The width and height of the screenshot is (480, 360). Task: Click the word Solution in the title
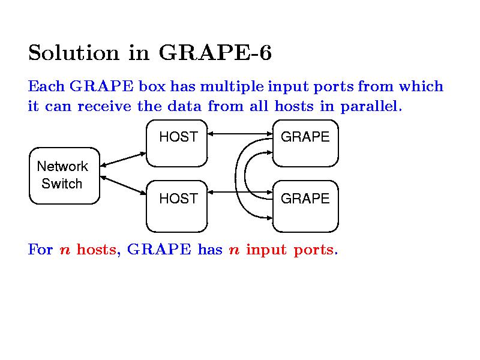pos(73,53)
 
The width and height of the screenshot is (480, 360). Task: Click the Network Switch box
pos(64,175)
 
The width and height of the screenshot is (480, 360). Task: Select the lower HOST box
pos(178,206)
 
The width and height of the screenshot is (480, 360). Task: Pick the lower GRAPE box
pos(305,206)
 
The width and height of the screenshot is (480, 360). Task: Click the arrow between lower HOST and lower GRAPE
pos(240,193)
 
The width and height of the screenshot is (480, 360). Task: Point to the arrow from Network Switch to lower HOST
pos(123,186)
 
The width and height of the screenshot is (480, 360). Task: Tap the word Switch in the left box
pos(62,184)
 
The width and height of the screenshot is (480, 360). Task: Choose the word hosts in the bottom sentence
pos(97,250)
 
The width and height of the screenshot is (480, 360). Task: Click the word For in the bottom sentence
pos(40,250)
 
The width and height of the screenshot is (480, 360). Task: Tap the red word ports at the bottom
pos(316,250)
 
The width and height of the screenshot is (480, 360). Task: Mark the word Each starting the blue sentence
pos(46,86)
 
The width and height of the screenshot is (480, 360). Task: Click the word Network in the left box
pos(62,166)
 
